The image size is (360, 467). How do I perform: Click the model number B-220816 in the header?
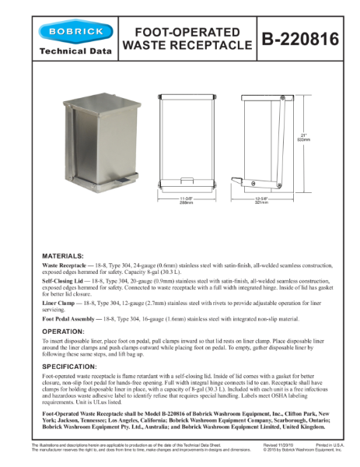pyautogui.click(x=300, y=38)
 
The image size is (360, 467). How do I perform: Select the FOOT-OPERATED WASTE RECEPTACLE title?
pyautogui.click(x=186, y=38)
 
